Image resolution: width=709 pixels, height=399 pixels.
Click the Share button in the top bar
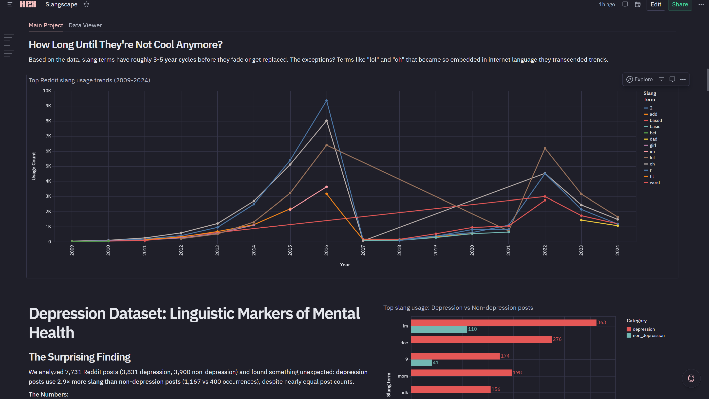[680, 4]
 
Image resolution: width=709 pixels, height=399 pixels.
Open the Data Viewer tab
[85, 25]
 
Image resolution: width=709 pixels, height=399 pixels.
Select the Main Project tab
[46, 25]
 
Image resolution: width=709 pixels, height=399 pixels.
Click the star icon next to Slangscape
[86, 4]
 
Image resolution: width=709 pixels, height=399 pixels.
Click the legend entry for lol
[652, 158]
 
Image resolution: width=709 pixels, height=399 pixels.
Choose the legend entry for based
[655, 120]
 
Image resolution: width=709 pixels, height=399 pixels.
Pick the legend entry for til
[652, 176]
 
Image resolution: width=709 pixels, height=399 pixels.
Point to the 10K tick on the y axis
[47, 91]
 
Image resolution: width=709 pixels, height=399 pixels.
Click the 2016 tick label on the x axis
[326, 250]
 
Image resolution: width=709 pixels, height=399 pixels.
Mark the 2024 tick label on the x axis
[617, 250]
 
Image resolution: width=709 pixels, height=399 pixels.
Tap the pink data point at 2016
[326, 187]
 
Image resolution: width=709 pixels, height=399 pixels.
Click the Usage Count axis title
[34, 166]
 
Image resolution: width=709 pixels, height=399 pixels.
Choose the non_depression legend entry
[648, 335]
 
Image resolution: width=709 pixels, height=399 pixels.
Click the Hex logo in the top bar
[28, 4]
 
